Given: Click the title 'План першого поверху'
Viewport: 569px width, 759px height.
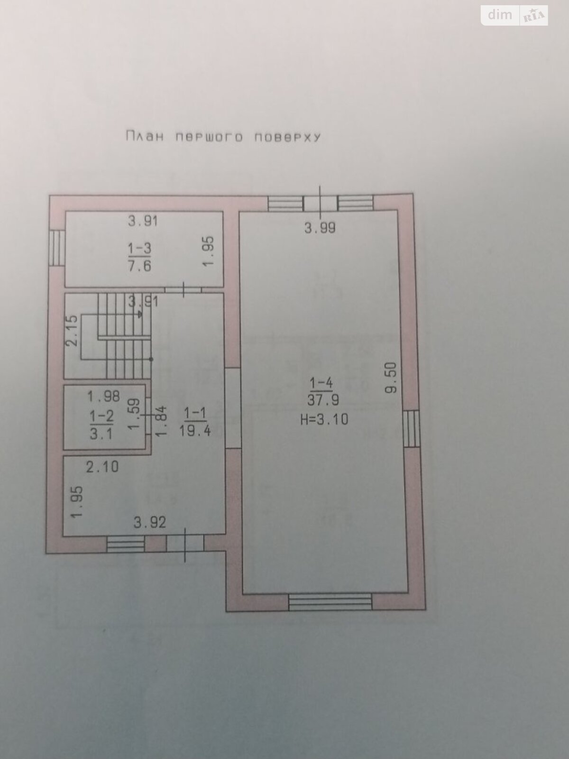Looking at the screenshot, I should point(223,137).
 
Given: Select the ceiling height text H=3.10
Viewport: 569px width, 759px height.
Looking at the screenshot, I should point(324,419).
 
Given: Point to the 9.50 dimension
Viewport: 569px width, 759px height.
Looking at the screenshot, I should point(391,378).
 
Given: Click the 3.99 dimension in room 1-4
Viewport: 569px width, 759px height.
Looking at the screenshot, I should point(320,228).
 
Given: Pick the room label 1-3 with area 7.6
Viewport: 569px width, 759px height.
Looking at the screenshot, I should point(139,256).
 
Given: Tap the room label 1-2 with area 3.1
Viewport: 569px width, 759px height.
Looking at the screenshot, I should point(101,425).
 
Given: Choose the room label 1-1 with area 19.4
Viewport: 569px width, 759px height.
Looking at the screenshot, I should point(195,422).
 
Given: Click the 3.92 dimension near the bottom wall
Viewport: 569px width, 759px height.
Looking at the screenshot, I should point(150,522).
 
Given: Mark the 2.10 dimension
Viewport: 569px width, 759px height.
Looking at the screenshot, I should point(102,467).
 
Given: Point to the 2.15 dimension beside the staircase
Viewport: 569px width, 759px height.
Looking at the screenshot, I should point(73,331).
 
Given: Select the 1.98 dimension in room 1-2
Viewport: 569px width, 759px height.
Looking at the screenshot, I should point(104,395).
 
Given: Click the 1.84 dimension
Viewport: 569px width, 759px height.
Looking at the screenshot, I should point(161,421).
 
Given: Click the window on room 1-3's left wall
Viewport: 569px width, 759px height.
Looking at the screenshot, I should point(56,247).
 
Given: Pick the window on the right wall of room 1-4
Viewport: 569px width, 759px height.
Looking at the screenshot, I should point(413,428).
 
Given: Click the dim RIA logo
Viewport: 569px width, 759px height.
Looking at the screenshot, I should point(514,15).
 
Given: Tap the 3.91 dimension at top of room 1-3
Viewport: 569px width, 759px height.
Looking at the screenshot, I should point(143,221).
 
